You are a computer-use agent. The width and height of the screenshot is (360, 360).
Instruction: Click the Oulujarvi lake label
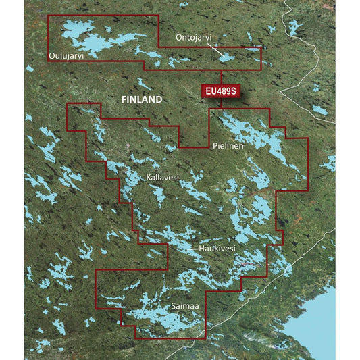(x=66, y=55)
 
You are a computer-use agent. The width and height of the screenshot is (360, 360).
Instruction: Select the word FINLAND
(x=141, y=99)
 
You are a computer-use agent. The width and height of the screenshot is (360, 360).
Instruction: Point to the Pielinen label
(x=228, y=145)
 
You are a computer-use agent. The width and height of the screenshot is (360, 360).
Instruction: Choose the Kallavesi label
(x=162, y=178)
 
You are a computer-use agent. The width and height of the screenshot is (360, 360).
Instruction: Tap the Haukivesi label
(x=217, y=249)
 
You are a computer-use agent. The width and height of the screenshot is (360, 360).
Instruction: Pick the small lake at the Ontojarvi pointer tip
(x=227, y=58)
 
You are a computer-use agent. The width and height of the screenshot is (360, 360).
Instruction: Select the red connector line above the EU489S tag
(x=222, y=76)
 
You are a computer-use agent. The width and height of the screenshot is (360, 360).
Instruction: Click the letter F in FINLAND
(x=123, y=99)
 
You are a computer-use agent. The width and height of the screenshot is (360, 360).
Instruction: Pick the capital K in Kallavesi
(x=148, y=178)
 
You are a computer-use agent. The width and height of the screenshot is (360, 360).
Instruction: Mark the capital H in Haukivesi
(x=201, y=249)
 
